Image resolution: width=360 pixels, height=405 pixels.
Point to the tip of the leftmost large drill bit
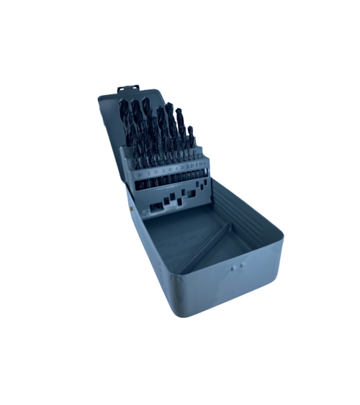[x=122, y=102]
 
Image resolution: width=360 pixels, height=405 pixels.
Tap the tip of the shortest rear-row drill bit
[x=191, y=129]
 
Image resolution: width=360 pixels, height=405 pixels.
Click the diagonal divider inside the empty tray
[x=206, y=248]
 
